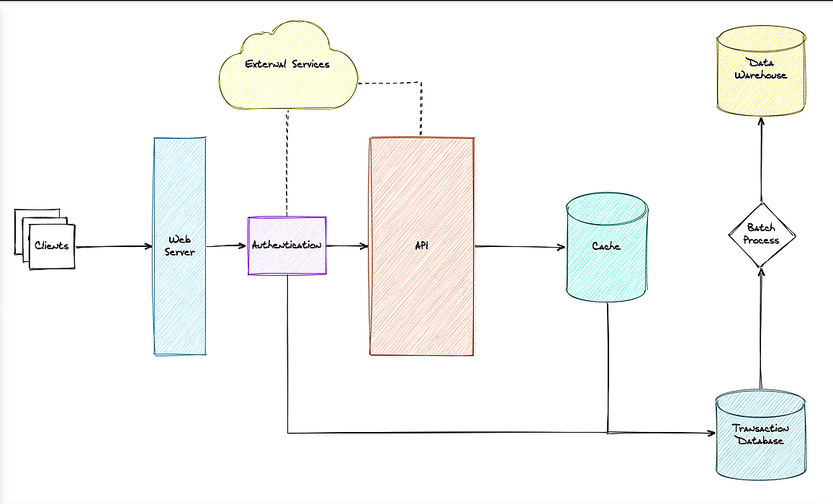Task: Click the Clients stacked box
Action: coord(45,239)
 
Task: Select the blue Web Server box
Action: coord(180,246)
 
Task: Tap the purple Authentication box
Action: coord(287,246)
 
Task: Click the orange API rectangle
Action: coord(422,246)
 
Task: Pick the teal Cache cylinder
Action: coord(606,247)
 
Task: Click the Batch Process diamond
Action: coord(761,234)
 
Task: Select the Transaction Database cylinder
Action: coord(761,434)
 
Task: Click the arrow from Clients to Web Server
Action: coord(114,246)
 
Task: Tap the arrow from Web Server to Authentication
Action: coord(226,246)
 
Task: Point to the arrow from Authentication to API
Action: coord(348,246)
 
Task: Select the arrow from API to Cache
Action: coord(520,246)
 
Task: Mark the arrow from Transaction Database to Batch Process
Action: coord(761,328)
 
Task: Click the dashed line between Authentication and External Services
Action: coord(287,163)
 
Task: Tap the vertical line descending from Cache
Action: coord(608,367)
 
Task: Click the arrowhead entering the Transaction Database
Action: coord(711,433)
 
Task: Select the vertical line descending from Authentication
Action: coord(288,354)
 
